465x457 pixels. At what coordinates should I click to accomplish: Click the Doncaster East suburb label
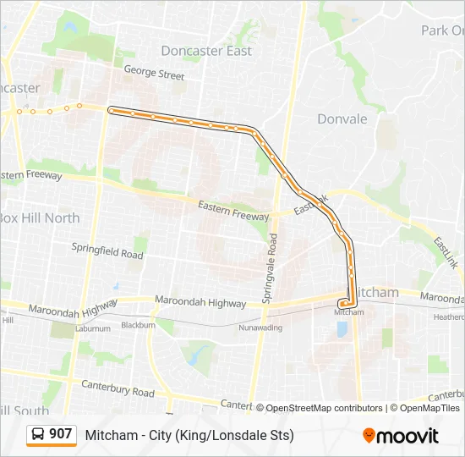click(206, 51)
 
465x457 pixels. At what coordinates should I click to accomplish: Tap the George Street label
click(154, 74)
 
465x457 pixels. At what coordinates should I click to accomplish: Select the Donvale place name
click(342, 119)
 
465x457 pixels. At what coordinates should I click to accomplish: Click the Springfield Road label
click(107, 253)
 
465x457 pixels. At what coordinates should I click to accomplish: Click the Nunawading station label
click(260, 327)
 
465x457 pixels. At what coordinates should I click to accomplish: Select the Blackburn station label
click(138, 325)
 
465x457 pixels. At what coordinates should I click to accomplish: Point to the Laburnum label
click(92, 328)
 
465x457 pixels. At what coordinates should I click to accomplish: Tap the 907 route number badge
click(60, 434)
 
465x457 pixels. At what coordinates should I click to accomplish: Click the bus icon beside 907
click(39, 435)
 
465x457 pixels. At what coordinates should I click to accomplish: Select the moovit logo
click(401, 436)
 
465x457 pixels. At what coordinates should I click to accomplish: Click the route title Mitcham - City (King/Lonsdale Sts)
click(189, 436)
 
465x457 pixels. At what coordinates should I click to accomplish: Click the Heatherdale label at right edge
click(449, 317)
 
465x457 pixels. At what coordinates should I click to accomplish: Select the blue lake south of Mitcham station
click(342, 328)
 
